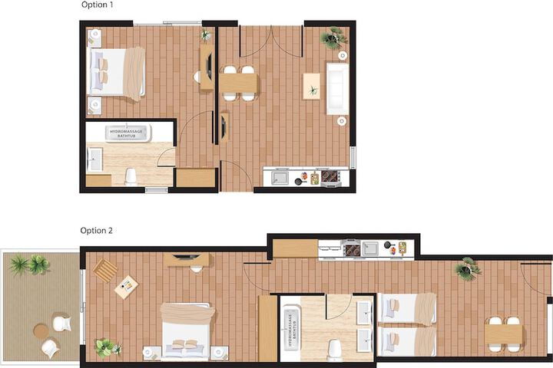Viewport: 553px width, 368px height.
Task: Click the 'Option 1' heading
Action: coord(97,5)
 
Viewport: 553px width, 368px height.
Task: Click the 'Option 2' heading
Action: coord(96,231)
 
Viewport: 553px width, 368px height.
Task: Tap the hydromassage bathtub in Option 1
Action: coord(126,133)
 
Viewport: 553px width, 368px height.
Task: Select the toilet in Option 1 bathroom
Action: coord(131,176)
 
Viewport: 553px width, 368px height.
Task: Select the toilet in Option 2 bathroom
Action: coord(333,350)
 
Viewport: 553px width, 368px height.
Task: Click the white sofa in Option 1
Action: coord(337,88)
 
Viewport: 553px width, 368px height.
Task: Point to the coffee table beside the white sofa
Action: coord(311,87)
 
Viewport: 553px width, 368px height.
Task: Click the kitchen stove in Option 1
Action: coord(330,176)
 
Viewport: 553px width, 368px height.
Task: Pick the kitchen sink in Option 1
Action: coord(280,177)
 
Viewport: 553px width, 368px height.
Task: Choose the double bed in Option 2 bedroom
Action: coord(186,330)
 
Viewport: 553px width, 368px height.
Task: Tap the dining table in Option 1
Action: coord(238,84)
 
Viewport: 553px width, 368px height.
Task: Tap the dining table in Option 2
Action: coord(503,333)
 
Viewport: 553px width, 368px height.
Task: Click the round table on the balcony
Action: coord(41,331)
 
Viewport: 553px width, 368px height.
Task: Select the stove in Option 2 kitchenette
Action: coord(352,248)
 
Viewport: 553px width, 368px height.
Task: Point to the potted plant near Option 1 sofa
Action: coord(333,38)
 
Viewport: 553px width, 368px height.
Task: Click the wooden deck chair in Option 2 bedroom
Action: coord(105,271)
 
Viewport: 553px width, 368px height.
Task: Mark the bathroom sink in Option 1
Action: coord(94,159)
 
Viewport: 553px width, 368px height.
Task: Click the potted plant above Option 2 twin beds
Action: coord(467,268)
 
